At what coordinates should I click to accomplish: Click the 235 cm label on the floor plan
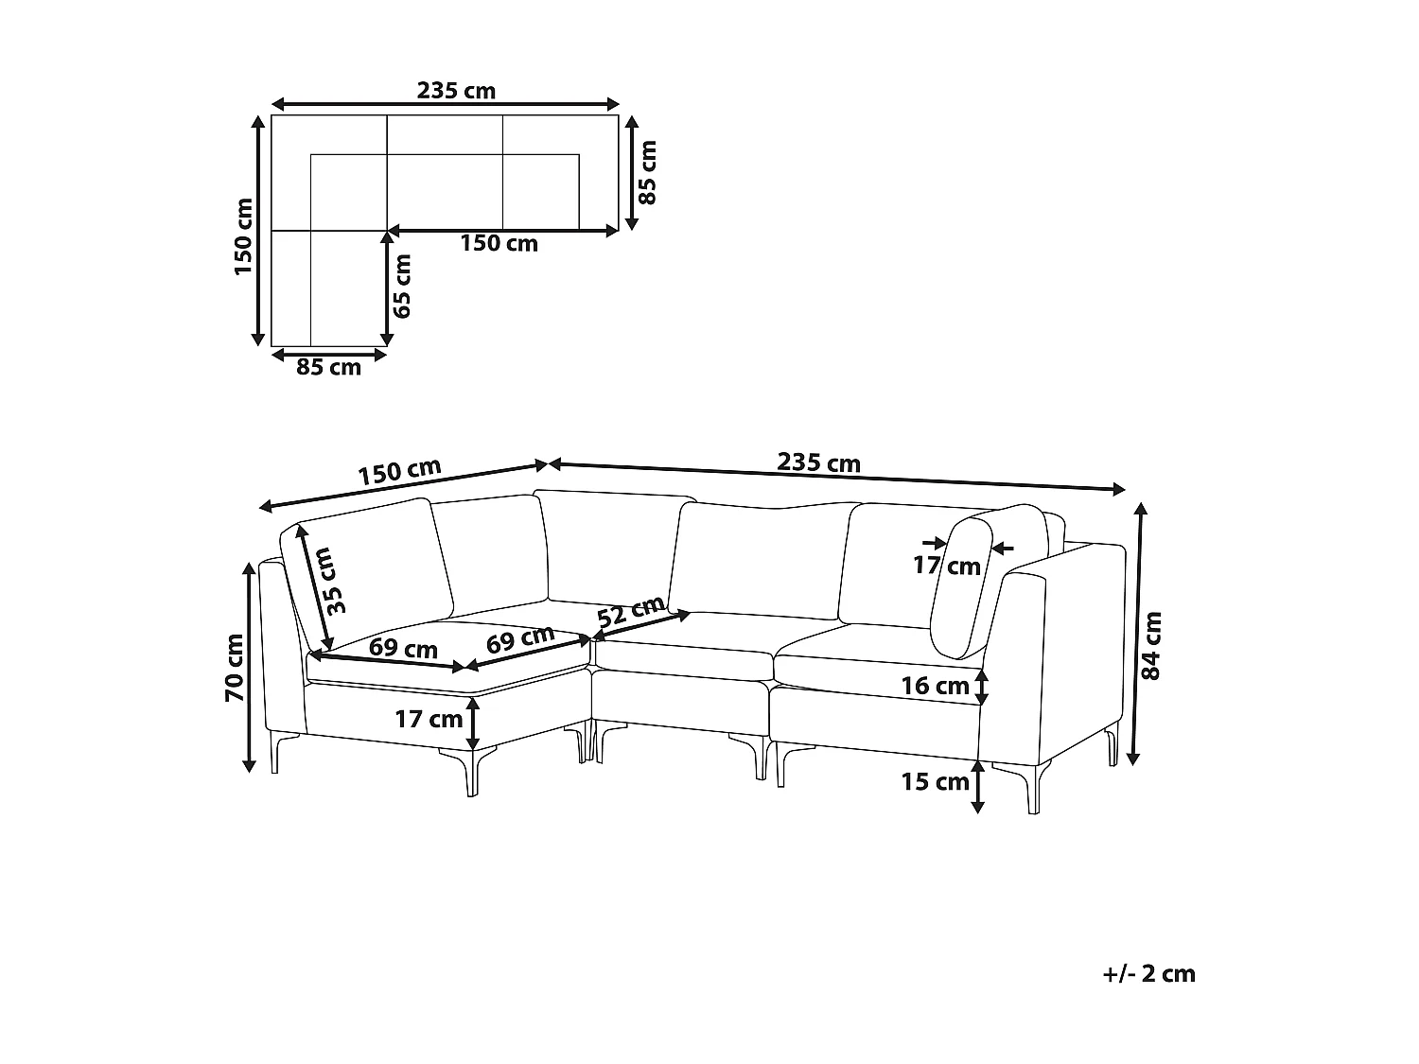[456, 91]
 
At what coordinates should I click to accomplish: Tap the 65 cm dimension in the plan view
[403, 286]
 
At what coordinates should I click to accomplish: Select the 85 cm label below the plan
[328, 368]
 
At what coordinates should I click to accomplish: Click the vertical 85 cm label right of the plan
[647, 173]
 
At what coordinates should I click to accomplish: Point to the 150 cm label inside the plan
[499, 244]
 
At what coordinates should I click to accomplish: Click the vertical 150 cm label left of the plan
[243, 236]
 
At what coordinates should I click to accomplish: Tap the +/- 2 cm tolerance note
[1148, 973]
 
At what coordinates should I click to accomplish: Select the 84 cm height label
[1151, 646]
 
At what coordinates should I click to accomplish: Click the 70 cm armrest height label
[234, 668]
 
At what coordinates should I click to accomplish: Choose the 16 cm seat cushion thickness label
[935, 686]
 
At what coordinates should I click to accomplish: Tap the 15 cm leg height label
[936, 782]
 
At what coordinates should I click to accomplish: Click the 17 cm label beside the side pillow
[946, 567]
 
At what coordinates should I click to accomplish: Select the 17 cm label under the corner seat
[429, 720]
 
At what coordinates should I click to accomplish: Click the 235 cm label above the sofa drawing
[818, 463]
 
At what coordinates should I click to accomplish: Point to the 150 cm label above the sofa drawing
[399, 472]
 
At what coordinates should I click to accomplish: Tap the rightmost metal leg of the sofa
[1110, 747]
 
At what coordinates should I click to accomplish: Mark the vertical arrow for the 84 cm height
[1139, 634]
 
